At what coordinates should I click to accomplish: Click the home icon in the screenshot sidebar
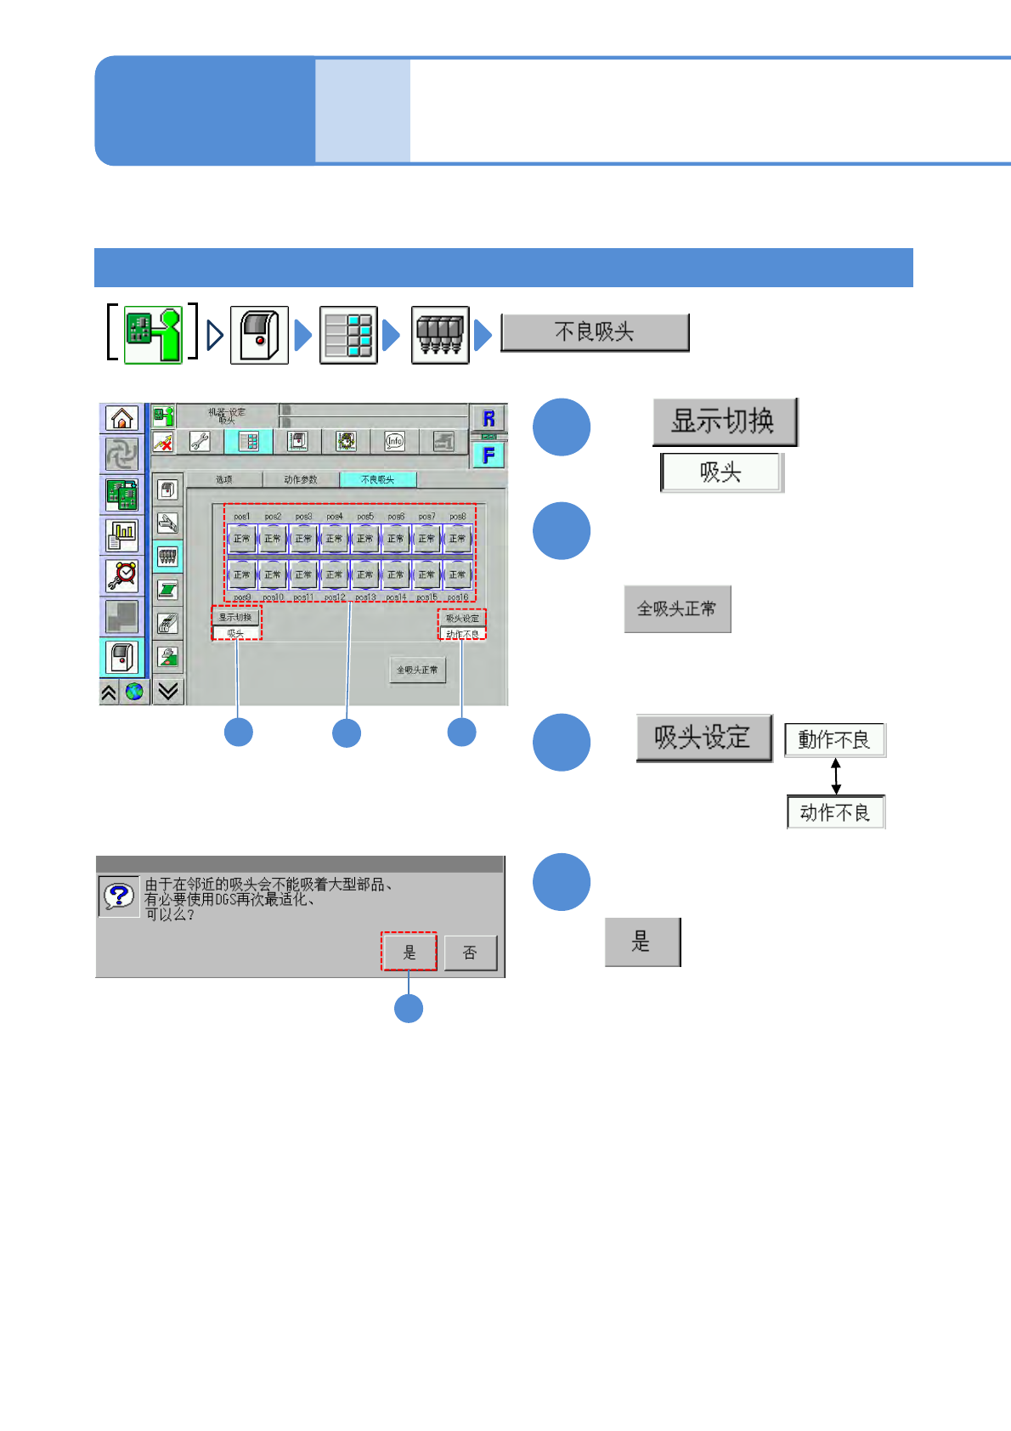(122, 418)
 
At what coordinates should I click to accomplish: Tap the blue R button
(489, 418)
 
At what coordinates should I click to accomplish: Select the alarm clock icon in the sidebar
(122, 575)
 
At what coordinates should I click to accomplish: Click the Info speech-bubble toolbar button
(394, 441)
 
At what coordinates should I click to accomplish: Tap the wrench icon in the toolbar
(200, 441)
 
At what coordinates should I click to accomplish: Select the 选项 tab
(223, 480)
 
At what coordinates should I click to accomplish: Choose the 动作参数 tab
(301, 480)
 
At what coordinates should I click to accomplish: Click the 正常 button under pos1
(242, 539)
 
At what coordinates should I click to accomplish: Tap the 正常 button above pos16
(457, 575)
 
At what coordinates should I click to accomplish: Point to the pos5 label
(365, 517)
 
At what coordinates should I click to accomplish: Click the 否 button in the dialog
(470, 953)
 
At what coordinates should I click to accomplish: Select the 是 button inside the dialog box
(409, 953)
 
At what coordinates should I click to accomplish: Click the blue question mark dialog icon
(119, 895)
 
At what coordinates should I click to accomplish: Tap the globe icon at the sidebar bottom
(134, 692)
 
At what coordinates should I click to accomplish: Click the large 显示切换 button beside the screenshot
(724, 421)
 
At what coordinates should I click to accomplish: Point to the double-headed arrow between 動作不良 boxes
(836, 776)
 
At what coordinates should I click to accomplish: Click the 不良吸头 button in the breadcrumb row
(595, 332)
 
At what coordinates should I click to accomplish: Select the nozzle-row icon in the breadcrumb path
(440, 335)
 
